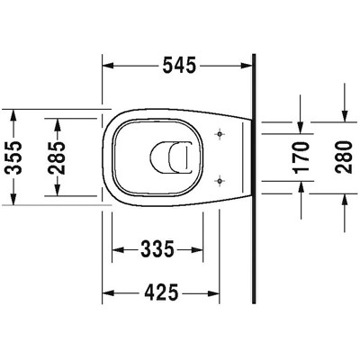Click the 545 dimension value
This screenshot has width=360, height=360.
coord(180,66)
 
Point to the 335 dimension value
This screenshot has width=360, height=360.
coord(157,248)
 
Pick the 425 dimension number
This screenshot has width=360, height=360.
coord(162,292)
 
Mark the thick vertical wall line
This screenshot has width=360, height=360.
coord(256,180)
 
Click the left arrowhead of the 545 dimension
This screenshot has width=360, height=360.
coord(109,66)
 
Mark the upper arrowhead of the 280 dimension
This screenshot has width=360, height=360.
coord(346,113)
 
